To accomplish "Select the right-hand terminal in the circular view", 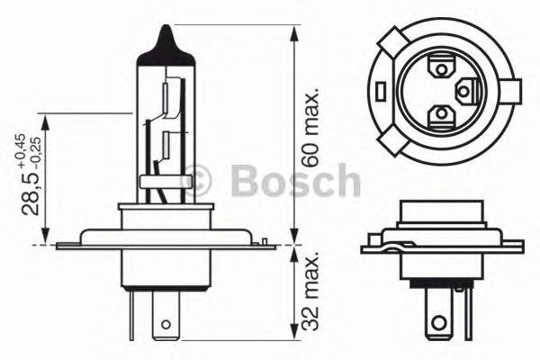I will click(466, 89).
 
